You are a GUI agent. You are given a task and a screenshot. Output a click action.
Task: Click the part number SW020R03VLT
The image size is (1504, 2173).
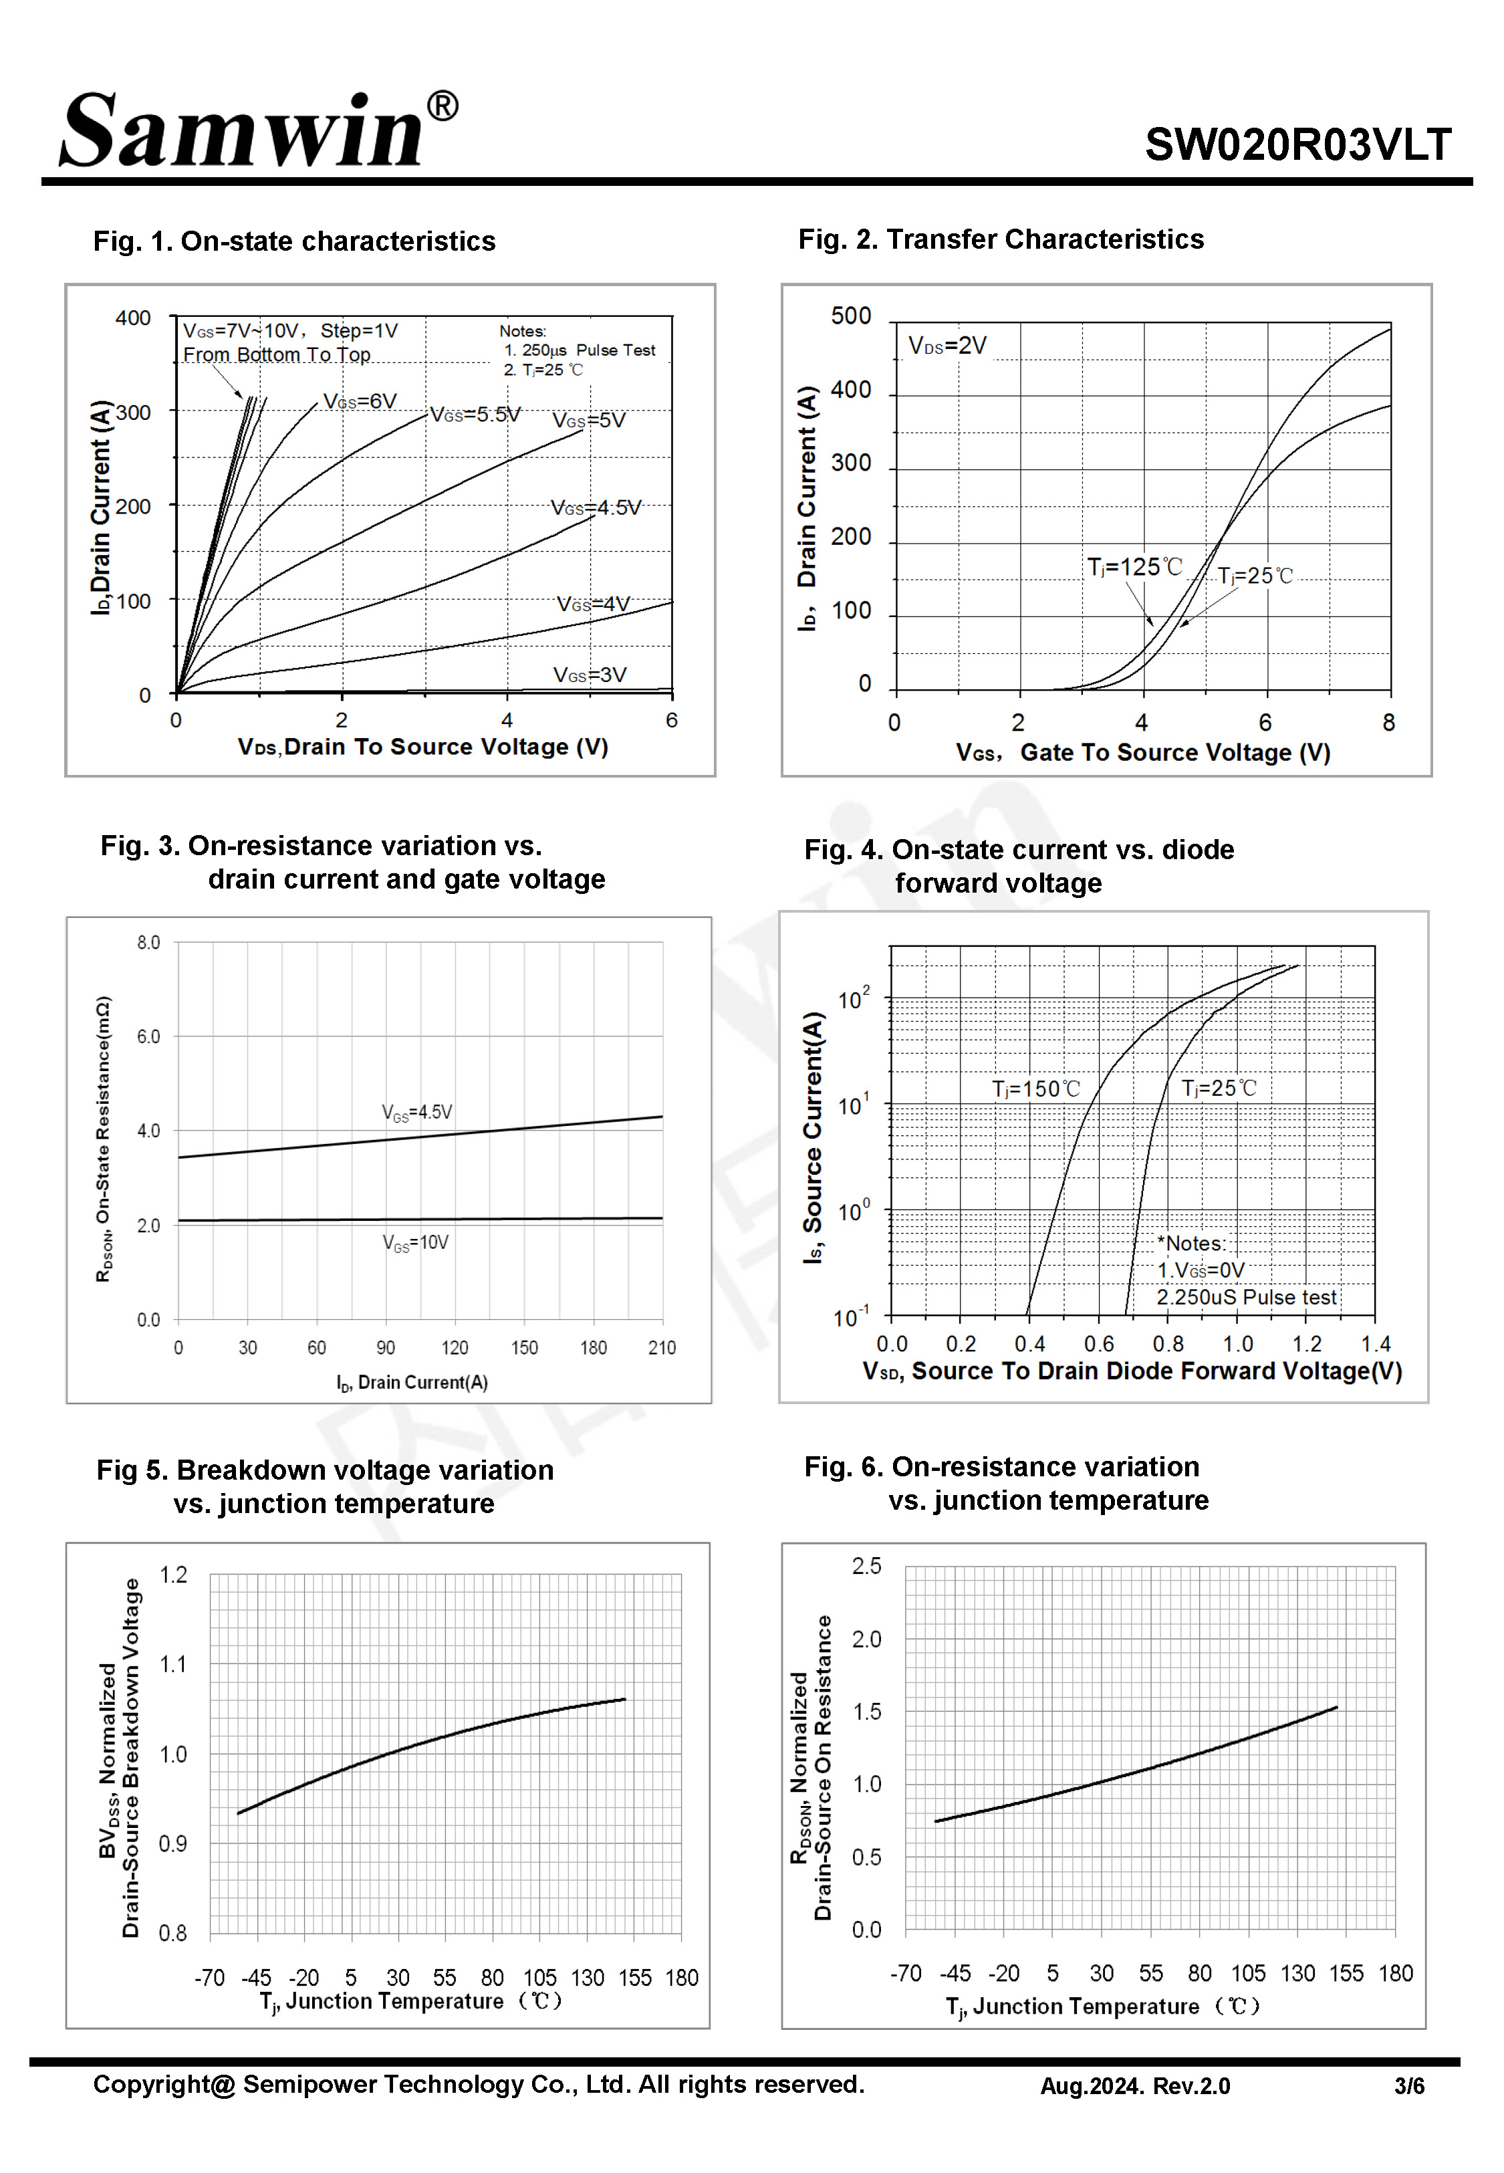(x=1297, y=145)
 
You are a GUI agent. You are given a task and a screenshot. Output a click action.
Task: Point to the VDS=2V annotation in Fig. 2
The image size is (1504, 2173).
(x=947, y=346)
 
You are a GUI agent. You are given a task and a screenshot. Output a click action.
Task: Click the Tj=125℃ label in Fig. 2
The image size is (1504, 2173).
(x=1134, y=567)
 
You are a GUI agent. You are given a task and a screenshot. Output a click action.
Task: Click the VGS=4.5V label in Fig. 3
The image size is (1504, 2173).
(x=416, y=1112)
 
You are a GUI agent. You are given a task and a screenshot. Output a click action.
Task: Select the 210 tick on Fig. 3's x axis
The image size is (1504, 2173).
(x=662, y=1347)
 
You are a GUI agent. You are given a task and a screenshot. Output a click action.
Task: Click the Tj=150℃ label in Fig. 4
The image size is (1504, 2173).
(x=1035, y=1089)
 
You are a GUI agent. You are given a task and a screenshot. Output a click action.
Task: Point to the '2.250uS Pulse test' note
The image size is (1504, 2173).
(x=1246, y=1298)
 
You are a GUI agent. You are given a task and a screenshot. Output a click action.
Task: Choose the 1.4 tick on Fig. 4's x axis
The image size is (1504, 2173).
(x=1375, y=1344)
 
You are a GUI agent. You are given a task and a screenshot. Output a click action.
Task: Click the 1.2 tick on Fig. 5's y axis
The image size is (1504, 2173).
(x=173, y=1575)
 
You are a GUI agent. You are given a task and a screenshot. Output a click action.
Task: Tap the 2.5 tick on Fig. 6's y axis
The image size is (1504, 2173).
(x=866, y=1566)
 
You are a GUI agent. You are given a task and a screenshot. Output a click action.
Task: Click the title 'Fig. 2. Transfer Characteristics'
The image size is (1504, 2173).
(x=1000, y=239)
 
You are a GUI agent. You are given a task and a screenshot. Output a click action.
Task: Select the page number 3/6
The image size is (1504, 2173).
(x=1409, y=2086)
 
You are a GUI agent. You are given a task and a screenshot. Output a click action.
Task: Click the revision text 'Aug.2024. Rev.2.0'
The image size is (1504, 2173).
(x=1134, y=2086)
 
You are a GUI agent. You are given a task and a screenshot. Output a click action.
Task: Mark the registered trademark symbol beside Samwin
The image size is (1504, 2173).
(x=442, y=106)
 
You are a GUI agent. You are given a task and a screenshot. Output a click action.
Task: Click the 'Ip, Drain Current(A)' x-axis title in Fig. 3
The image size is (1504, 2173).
(x=412, y=1383)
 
